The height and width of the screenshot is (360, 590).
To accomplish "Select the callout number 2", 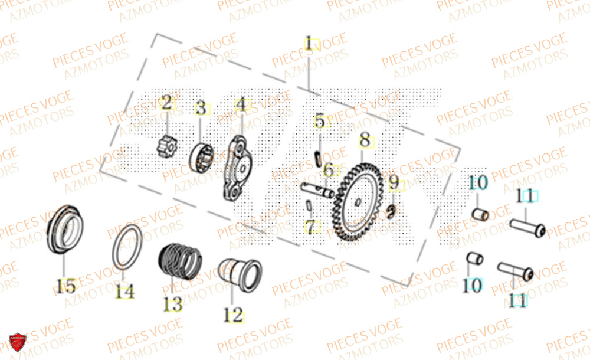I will coord(166,104).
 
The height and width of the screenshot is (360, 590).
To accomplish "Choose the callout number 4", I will coord(240,106).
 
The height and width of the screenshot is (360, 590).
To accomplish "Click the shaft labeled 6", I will coord(318,191).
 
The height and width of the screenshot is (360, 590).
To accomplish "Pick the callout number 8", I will coord(365,140).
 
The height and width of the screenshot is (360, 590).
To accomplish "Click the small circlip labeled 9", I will coord(392,211).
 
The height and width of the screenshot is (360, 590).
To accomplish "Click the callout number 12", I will coord(234,314).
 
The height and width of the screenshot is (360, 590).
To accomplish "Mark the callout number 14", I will coord(124,291).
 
